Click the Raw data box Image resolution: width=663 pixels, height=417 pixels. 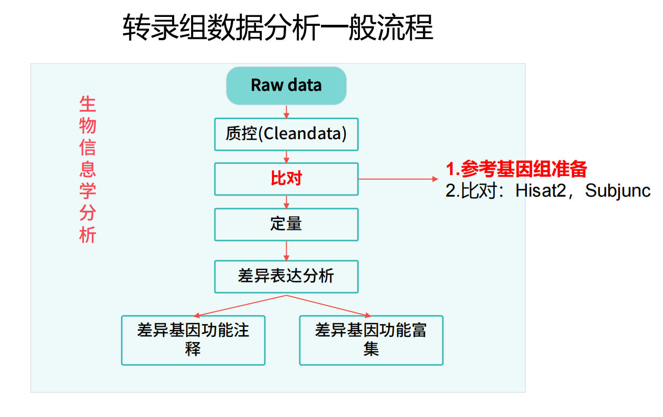pos(286,86)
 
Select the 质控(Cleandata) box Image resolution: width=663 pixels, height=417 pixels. pos(286,134)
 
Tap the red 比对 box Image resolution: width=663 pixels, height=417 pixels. pos(286,179)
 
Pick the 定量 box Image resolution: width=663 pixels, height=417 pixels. pos(286,225)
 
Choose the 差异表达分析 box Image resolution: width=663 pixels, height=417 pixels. pos(286,277)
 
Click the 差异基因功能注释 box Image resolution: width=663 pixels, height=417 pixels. pos(193,341)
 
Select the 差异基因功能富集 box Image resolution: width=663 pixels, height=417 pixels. pos(371,341)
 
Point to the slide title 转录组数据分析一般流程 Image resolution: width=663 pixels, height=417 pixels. pos(278,27)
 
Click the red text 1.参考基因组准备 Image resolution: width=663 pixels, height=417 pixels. pos(516,169)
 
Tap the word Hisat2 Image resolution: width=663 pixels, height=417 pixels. pos(541,191)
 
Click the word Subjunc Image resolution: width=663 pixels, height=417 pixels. pos(618,191)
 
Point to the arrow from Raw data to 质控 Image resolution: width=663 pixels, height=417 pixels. pos(286,112)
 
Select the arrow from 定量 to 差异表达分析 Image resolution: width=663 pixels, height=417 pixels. pos(286,251)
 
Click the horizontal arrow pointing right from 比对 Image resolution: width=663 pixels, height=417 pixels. pos(398,179)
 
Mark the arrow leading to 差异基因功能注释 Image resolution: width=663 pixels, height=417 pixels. pos(240,306)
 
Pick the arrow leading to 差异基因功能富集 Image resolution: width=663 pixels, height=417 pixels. pos(328,306)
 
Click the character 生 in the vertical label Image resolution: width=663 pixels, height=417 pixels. pos(88,104)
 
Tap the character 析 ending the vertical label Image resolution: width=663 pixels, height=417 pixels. pos(88,235)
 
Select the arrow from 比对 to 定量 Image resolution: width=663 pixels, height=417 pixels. pos(286,202)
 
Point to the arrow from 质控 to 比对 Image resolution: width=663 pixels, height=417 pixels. pos(286,157)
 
